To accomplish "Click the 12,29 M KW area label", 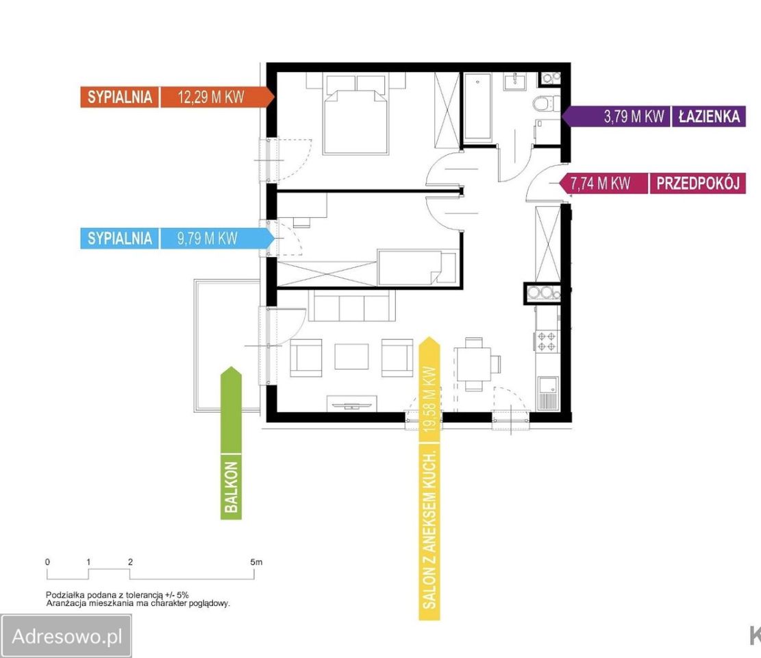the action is pyautogui.click(x=211, y=97).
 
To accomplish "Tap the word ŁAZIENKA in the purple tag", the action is pyautogui.click(x=709, y=117).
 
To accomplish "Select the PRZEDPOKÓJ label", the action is pyautogui.click(x=698, y=184).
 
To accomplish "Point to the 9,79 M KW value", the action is pyautogui.click(x=208, y=239).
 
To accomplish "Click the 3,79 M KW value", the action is pyautogui.click(x=634, y=117).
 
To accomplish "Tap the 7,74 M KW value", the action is pyautogui.click(x=600, y=184).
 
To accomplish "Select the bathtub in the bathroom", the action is pyautogui.click(x=477, y=108).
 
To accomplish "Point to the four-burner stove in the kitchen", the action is pyautogui.click(x=547, y=341).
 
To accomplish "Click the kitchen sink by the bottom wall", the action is pyautogui.click(x=548, y=392).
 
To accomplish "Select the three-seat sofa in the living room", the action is pyautogui.click(x=352, y=306).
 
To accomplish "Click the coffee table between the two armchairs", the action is pyautogui.click(x=351, y=356).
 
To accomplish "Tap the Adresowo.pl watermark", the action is pyautogui.click(x=66, y=636).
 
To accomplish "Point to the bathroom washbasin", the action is pyautogui.click(x=514, y=81).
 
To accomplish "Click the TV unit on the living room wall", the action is pyautogui.click(x=352, y=404).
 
